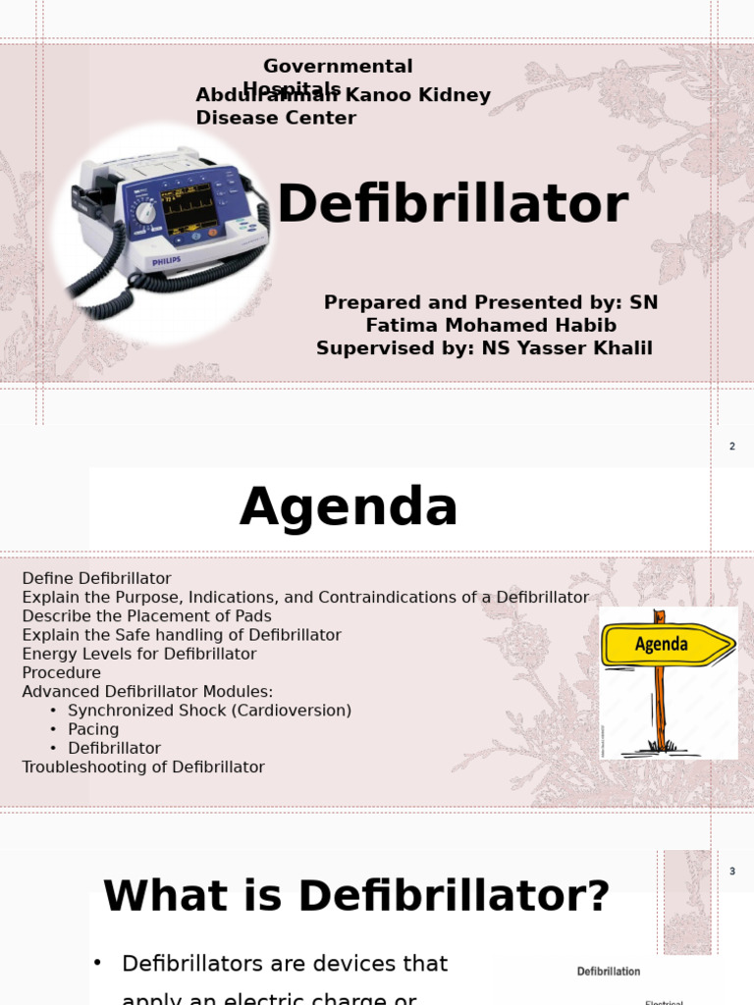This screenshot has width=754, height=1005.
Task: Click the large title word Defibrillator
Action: pyautogui.click(x=453, y=205)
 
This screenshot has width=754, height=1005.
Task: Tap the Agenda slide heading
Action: pyautogui.click(x=349, y=507)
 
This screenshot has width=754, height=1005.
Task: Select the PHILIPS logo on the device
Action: pyautogui.click(x=167, y=263)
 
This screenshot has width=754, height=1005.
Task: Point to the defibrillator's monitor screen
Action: pyautogui.click(x=188, y=207)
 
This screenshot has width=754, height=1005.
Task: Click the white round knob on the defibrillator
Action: pyautogui.click(x=145, y=212)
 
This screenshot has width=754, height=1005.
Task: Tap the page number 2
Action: pyautogui.click(x=731, y=447)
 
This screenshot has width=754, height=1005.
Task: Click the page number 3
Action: pyautogui.click(x=731, y=872)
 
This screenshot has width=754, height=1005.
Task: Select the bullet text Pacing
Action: pyautogui.click(x=93, y=729)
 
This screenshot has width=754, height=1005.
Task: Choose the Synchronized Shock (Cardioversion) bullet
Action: pyautogui.click(x=209, y=711)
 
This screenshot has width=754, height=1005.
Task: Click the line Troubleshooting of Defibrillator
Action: pyautogui.click(x=143, y=767)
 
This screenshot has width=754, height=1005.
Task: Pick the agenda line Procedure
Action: pyautogui.click(x=61, y=672)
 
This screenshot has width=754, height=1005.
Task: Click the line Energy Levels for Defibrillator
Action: pyautogui.click(x=139, y=654)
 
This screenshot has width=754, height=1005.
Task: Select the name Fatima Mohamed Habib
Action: pyautogui.click(x=491, y=326)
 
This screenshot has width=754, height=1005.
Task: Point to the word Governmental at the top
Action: pyautogui.click(x=338, y=67)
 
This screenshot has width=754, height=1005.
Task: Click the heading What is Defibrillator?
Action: pyautogui.click(x=356, y=896)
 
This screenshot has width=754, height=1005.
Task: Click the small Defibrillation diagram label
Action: pyautogui.click(x=608, y=972)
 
